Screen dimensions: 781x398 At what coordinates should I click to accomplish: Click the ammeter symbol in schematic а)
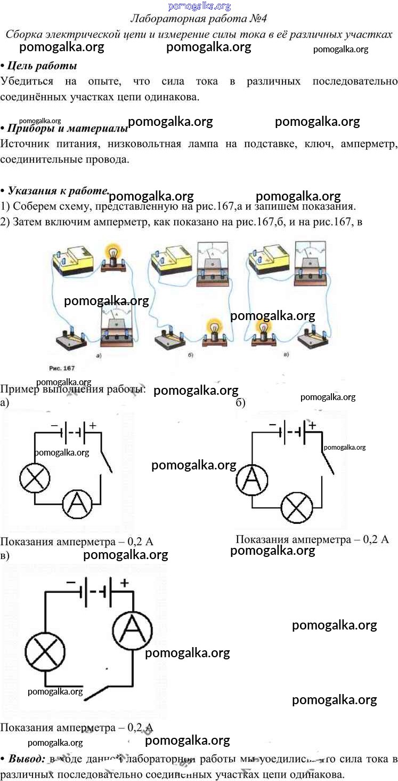78,503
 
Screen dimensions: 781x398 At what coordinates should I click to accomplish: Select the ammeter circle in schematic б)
251,479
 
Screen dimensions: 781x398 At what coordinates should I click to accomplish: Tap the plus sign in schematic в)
124,583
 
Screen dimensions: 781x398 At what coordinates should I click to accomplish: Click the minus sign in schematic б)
272,425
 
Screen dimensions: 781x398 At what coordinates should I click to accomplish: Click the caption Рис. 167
62,368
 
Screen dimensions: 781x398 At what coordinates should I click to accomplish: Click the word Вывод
28,759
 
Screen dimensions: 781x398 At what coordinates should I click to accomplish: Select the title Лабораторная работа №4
199,19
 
